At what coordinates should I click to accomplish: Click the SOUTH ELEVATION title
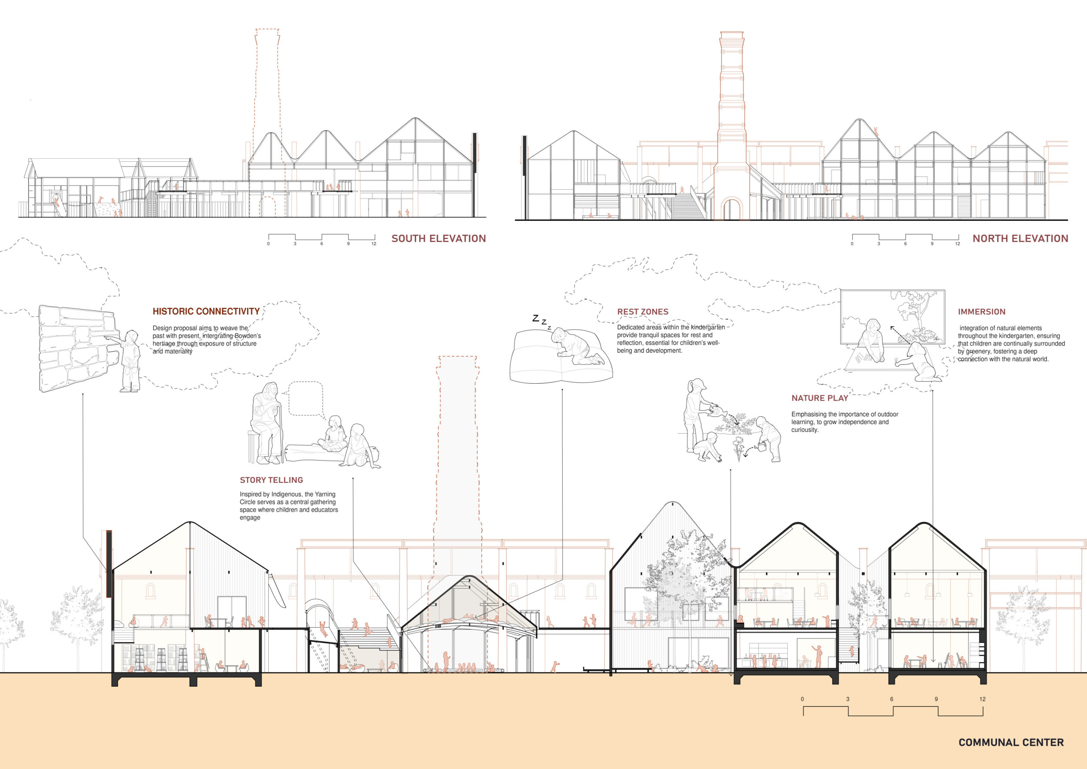[x=438, y=239]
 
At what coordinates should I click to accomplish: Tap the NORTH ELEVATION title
[x=1020, y=239]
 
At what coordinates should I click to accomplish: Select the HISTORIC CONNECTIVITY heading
[x=206, y=311]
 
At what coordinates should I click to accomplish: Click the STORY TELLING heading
[x=271, y=480]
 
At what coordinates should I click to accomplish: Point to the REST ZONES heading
[x=643, y=312]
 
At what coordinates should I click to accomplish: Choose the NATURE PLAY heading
[x=820, y=398]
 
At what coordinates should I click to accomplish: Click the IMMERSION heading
[x=982, y=312]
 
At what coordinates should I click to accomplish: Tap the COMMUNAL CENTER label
[x=1011, y=742]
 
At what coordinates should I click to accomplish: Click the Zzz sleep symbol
[x=542, y=321]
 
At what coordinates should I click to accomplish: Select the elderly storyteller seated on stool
[x=267, y=423]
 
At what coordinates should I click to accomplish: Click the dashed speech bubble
[x=305, y=399]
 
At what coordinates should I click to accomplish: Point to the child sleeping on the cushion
[x=577, y=346]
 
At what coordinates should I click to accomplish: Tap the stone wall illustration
[x=77, y=348]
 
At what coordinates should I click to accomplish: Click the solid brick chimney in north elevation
[x=731, y=125]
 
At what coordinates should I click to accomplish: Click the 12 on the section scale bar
[x=982, y=699]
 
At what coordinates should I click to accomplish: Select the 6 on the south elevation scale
[x=321, y=244]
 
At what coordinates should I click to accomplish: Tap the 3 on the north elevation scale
[x=879, y=244]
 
